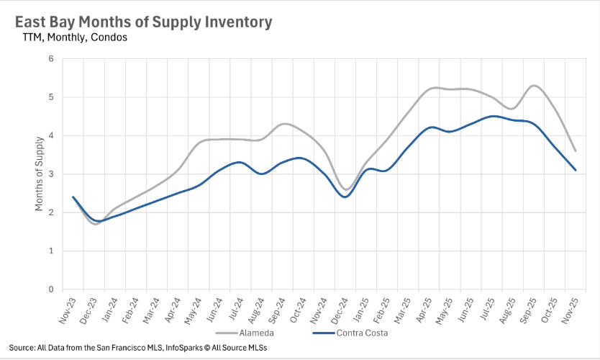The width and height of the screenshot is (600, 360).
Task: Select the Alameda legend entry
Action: click(248, 333)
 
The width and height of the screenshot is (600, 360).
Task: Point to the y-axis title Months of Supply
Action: click(39, 174)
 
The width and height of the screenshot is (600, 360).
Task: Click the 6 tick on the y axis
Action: click(51, 58)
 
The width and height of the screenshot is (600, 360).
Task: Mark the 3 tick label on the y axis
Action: click(51, 174)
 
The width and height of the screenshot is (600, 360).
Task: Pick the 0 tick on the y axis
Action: click(51, 289)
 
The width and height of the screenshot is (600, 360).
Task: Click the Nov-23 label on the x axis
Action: click(66, 309)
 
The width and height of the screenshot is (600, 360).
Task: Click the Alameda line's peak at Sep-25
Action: click(533, 86)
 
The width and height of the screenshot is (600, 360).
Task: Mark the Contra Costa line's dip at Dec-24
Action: click(345, 197)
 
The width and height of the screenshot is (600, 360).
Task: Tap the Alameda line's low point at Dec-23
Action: click(94, 224)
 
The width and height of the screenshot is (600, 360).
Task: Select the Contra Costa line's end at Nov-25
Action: click(576, 170)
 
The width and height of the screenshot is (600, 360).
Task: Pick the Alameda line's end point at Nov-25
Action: click(576, 150)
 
